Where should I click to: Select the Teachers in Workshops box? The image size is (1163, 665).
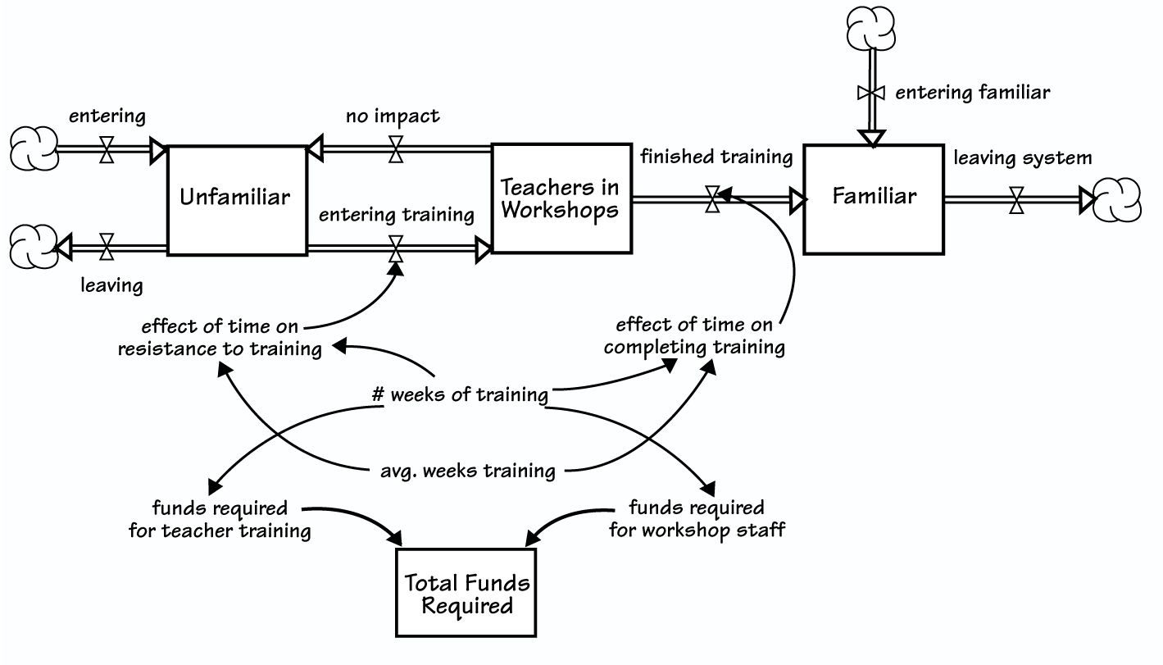[561, 198]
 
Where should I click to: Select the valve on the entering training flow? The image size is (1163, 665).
[396, 248]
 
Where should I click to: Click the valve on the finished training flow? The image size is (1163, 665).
[713, 198]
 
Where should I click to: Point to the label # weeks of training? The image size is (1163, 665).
[459, 394]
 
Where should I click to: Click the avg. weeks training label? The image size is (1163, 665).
[467, 471]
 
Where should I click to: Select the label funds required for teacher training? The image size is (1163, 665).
[220, 519]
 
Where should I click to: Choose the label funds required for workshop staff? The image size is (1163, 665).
[697, 518]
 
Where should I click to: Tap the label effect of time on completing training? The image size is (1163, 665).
[694, 336]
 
